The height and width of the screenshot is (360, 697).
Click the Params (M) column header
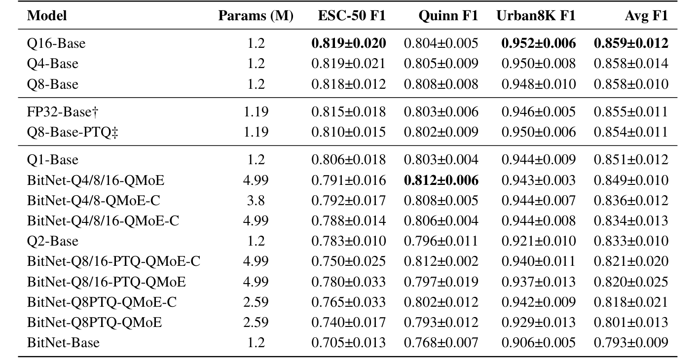(256, 16)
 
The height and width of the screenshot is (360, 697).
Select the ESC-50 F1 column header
(352, 16)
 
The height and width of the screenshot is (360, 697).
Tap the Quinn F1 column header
(448, 16)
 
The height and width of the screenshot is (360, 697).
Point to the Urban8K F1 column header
(536, 16)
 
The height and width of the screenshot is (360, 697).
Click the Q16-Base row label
(56, 43)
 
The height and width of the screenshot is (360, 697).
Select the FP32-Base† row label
(63, 111)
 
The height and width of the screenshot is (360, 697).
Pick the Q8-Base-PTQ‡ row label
(73, 132)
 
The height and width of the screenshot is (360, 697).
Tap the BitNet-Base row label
(63, 342)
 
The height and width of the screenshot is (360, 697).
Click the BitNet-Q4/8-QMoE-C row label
(94, 201)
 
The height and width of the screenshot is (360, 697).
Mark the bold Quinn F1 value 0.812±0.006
(441, 180)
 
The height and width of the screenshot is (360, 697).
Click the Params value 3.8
(256, 201)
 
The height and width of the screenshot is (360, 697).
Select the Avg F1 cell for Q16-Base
(631, 43)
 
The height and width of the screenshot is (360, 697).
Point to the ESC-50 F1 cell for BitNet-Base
(348, 342)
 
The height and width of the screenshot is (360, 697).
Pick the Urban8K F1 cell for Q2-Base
(538, 241)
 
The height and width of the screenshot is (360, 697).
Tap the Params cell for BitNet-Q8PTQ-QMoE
(256, 322)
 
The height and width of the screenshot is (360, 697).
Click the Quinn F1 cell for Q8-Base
(441, 84)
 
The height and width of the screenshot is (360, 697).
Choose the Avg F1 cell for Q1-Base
(631, 160)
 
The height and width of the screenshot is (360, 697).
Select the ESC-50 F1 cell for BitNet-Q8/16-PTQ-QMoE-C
(348, 261)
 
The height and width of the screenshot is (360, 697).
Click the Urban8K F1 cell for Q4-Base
(538, 64)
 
